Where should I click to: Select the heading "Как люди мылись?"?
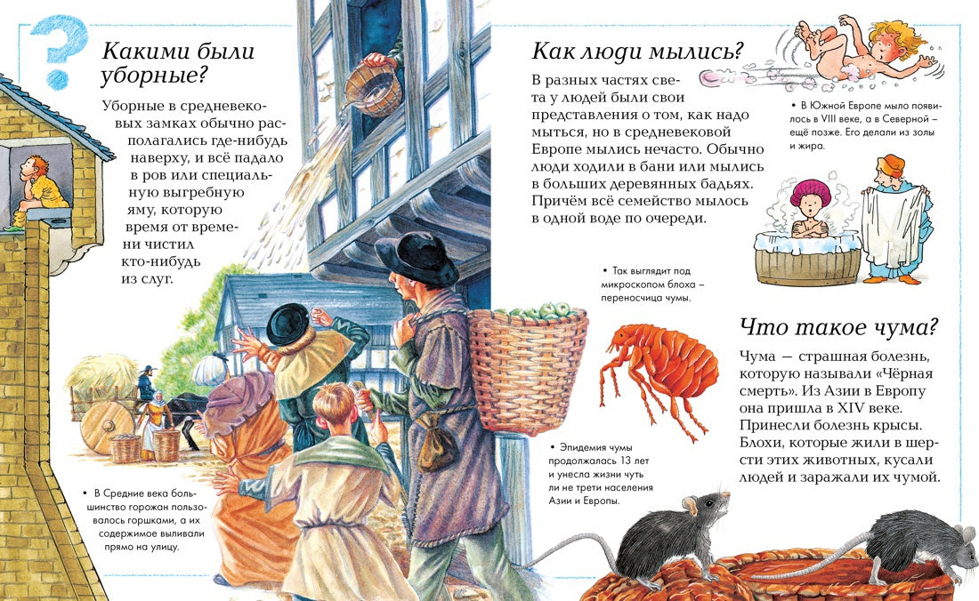tap(637, 51)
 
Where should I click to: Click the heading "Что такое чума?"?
tap(838, 327)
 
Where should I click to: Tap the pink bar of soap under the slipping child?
tap(716, 78)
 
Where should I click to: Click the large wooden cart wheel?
tap(107, 427)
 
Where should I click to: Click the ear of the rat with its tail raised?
tap(690, 506)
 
